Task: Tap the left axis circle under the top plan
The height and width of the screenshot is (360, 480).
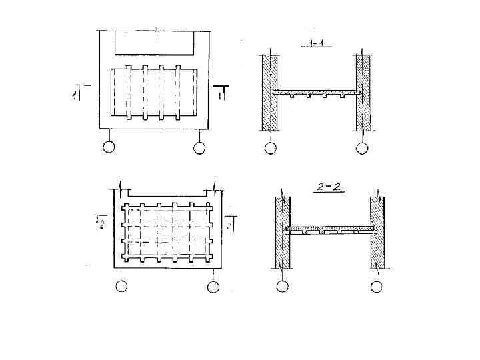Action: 109,147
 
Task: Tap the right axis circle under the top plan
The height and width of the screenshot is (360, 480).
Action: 199,147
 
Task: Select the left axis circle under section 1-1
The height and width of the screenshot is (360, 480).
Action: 270,148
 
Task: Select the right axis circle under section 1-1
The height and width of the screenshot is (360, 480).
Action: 362,148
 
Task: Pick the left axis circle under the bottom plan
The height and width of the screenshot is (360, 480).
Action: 121,287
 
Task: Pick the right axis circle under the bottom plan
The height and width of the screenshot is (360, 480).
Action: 213,287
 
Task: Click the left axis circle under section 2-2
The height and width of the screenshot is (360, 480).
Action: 283,287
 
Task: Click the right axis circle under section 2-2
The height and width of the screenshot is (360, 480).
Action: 377,287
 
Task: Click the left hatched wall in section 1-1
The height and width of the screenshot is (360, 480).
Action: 269,93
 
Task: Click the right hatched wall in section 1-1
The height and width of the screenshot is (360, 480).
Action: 363,93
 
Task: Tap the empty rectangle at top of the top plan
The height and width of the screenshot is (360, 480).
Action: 155,43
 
